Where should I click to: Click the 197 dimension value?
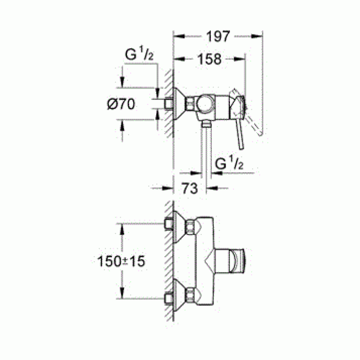click(x=218, y=37)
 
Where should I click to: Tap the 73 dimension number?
click(x=189, y=188)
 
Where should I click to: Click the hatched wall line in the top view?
click(x=168, y=103)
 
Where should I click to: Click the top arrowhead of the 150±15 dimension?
click(x=122, y=227)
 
